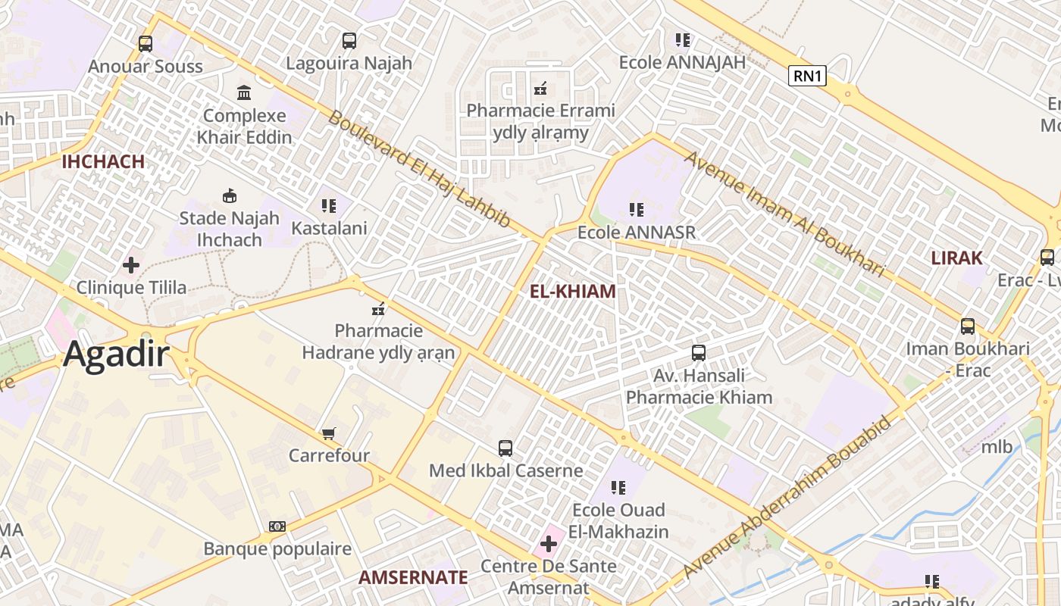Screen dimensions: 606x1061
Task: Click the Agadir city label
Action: (x=116, y=354)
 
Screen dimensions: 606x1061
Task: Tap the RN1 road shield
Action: (x=806, y=76)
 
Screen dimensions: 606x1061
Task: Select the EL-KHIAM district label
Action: (x=572, y=292)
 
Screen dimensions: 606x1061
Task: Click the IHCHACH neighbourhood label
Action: (x=103, y=161)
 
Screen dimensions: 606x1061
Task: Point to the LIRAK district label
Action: (x=956, y=258)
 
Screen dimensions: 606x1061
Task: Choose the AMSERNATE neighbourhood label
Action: (x=413, y=577)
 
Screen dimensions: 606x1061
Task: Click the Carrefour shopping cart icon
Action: (x=328, y=433)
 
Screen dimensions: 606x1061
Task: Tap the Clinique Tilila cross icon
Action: (x=131, y=265)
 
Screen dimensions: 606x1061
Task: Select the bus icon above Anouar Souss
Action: (x=146, y=44)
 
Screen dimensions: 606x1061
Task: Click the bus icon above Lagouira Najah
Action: (x=349, y=41)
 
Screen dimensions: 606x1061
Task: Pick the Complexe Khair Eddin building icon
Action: (x=244, y=93)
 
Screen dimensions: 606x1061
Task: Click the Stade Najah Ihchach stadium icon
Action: (x=229, y=196)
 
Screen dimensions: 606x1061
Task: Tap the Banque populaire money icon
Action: (x=277, y=526)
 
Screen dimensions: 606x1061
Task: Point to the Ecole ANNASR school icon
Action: (x=636, y=209)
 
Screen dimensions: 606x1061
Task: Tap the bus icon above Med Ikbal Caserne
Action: (x=505, y=448)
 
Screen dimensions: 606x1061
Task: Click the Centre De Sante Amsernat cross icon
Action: (x=548, y=543)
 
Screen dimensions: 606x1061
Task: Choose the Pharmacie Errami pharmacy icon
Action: (x=540, y=89)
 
